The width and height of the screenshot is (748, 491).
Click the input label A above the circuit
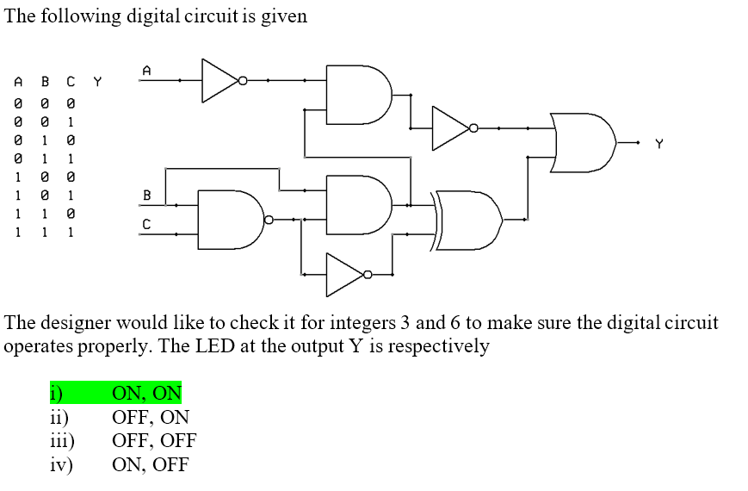point(146,69)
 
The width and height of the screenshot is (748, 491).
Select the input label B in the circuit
point(146,196)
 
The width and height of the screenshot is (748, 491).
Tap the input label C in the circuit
point(146,224)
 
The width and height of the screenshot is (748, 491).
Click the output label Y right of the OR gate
point(659,144)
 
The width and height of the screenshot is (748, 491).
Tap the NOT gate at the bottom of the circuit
point(347,275)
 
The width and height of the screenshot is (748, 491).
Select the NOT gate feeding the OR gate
point(453,127)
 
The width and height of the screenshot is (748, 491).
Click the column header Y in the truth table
point(97,83)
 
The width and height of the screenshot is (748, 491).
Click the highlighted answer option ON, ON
point(146,394)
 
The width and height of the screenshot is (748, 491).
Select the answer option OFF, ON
point(151,418)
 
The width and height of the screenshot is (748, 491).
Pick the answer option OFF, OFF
point(154,441)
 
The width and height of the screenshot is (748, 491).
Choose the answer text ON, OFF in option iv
point(151,465)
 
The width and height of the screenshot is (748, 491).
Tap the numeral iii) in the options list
point(61,441)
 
